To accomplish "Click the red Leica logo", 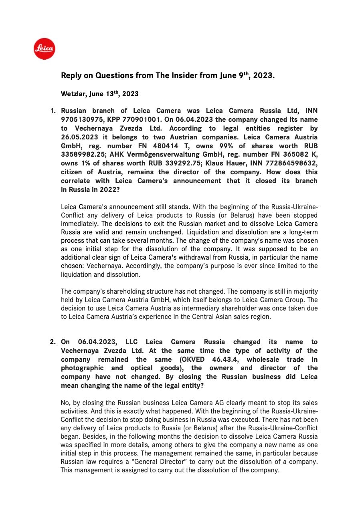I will click(44, 49).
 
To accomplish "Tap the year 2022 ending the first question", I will click(107, 190).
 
